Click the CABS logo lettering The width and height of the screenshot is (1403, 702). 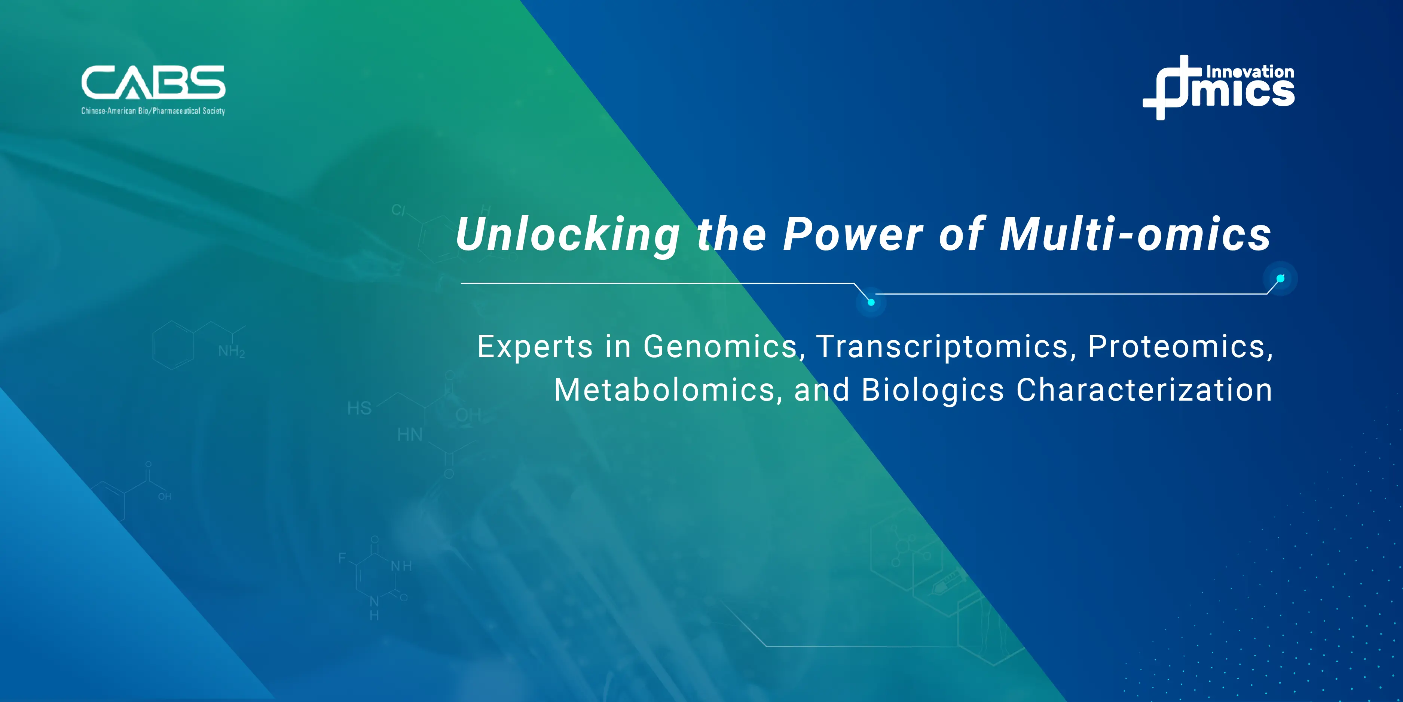[153, 82]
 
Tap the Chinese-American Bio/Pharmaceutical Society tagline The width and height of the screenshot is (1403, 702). [153, 111]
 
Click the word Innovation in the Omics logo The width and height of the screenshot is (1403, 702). [1250, 72]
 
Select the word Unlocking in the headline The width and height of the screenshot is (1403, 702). [568, 235]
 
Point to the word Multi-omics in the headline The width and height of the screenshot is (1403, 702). [1135, 234]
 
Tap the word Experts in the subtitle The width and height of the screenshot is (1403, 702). [535, 347]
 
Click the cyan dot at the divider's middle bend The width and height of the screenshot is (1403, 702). [871, 302]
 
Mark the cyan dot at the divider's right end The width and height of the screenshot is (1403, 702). [1280, 279]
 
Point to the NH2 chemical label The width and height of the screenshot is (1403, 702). [232, 351]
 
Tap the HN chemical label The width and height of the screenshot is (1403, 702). [410, 434]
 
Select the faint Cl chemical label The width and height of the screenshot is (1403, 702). [398, 210]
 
